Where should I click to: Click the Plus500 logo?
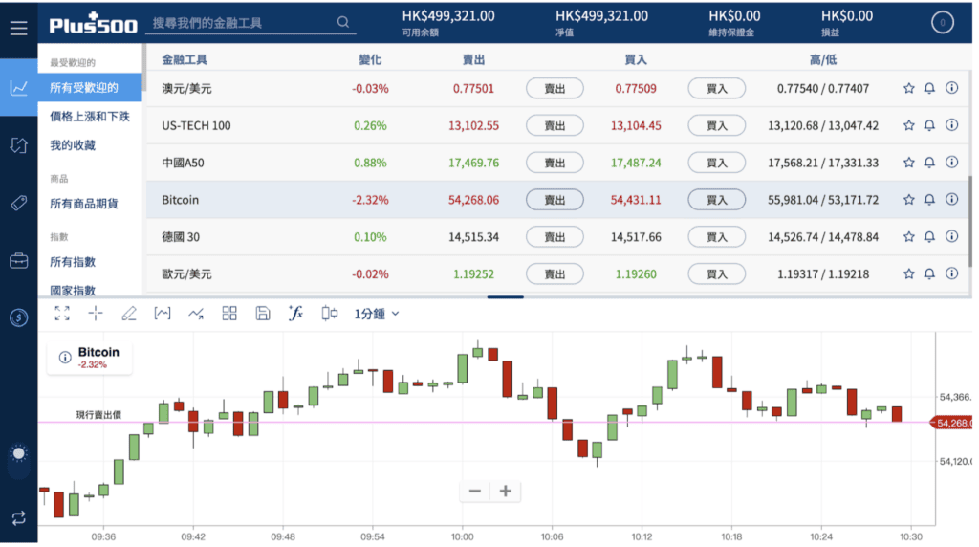pos(93,24)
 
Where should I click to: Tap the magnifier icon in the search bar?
pos(343,22)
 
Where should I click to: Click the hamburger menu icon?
pos(19,28)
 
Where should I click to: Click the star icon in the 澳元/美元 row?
pos(908,88)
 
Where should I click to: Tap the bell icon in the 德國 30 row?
pos(929,236)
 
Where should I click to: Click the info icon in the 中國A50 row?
pos(951,163)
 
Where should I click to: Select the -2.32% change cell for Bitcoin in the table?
pos(370,200)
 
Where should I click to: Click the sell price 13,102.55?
pos(474,125)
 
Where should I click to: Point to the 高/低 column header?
pos(823,60)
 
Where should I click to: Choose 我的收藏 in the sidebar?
pos(73,144)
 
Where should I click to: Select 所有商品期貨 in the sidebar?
pos(84,204)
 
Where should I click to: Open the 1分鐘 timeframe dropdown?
pos(377,314)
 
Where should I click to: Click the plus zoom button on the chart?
pos(506,492)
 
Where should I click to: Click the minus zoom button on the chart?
pos(475,492)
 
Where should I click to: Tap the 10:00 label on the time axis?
pos(463,536)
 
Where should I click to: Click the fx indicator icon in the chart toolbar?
pos(296,313)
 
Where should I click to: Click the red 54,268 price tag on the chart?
pos(951,423)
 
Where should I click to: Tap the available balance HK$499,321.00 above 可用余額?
pos(448,16)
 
